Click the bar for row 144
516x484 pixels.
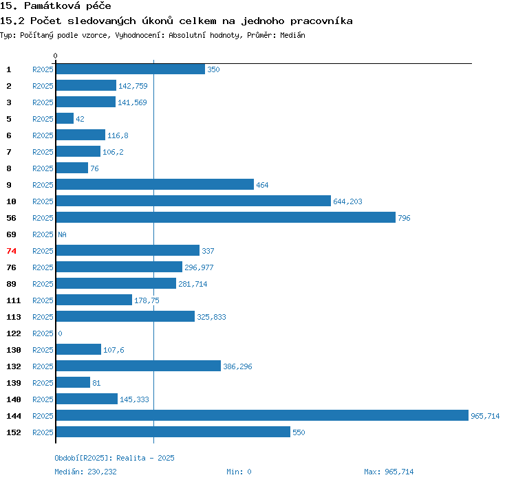(261, 415)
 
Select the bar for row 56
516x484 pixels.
(225, 217)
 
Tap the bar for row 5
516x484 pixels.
(65, 118)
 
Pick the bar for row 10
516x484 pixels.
(193, 201)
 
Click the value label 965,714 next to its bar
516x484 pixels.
(485, 416)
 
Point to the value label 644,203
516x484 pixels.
(347, 201)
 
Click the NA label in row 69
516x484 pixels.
(62, 234)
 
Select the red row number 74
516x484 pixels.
(11, 251)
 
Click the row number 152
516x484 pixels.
(14, 432)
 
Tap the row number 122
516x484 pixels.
(14, 333)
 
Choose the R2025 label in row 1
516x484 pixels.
(43, 69)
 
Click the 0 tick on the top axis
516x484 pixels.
(56, 56)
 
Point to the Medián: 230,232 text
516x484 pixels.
(85, 472)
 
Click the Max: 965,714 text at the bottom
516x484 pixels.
(389, 472)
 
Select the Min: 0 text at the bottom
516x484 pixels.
(239, 472)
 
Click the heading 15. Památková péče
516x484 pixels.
(56, 6)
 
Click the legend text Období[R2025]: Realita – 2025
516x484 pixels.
(114, 457)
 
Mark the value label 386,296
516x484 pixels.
(237, 366)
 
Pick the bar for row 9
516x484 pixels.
(155, 184)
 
